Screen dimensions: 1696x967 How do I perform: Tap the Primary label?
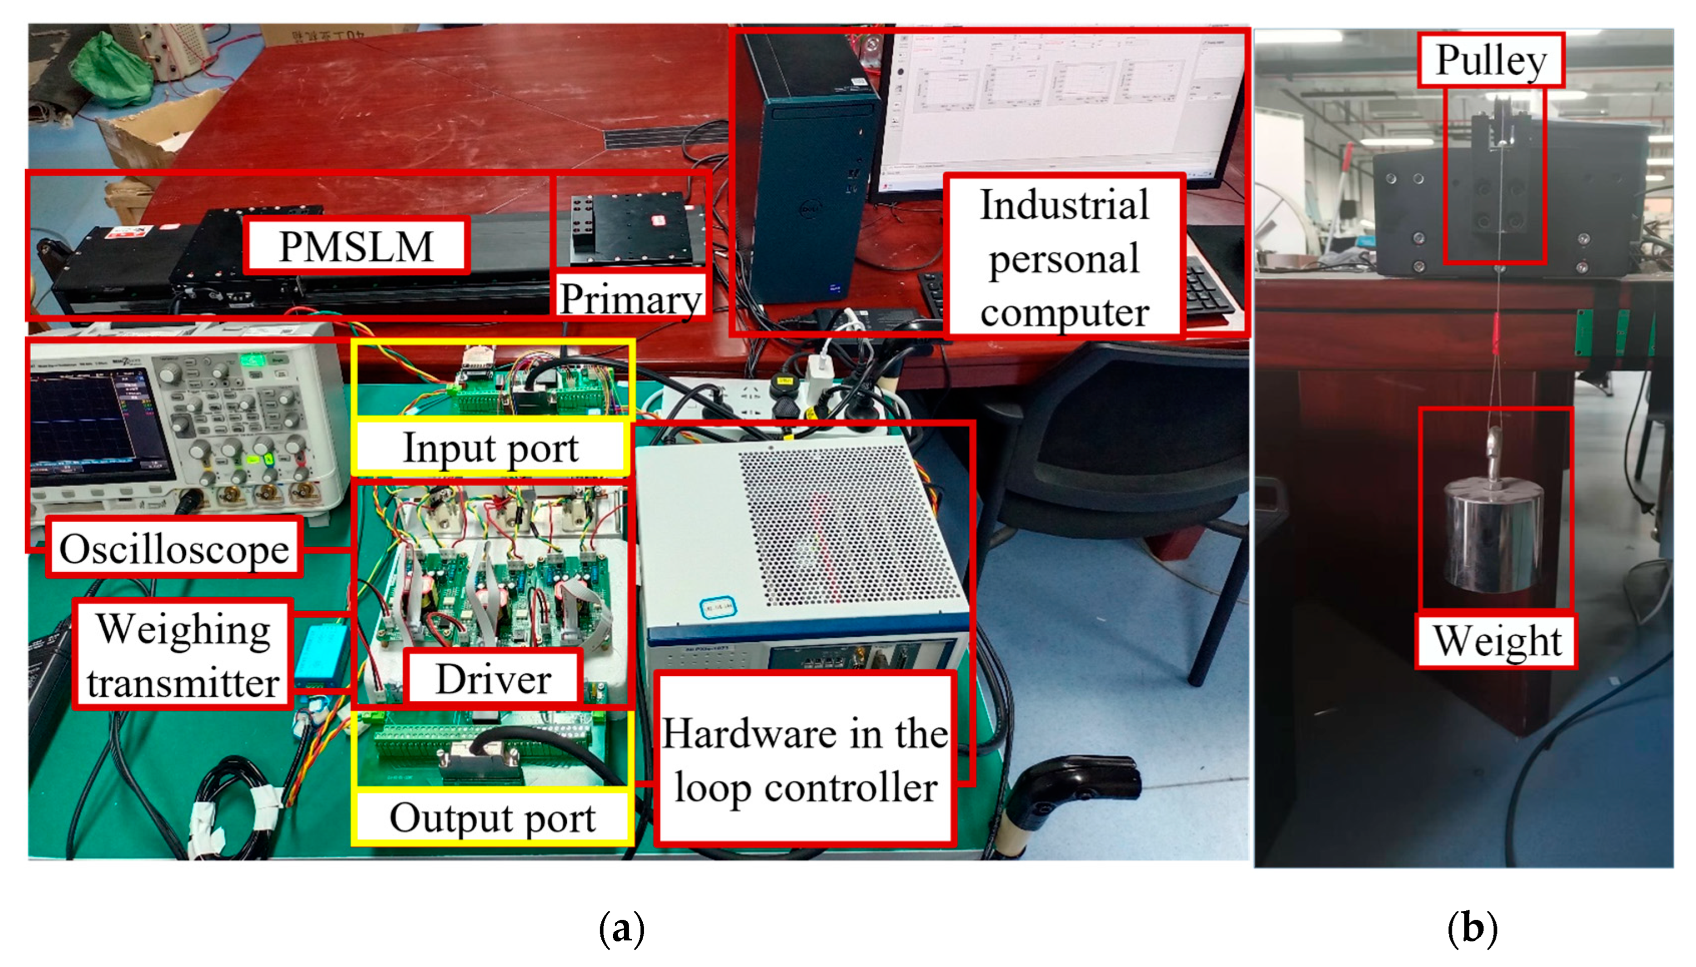(x=630, y=298)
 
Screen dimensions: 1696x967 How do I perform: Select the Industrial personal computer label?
(x=1064, y=258)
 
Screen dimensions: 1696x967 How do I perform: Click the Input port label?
(x=491, y=448)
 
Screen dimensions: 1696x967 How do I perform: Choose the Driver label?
(x=493, y=679)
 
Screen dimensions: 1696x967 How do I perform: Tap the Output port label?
(x=492, y=818)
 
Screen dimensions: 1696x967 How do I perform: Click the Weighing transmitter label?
(x=183, y=655)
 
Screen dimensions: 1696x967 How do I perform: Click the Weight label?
(x=1497, y=641)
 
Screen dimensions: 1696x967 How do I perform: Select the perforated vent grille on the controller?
(x=850, y=524)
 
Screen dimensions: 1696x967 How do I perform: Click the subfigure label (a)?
(x=621, y=928)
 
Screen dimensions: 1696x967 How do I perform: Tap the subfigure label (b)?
(x=1472, y=928)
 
